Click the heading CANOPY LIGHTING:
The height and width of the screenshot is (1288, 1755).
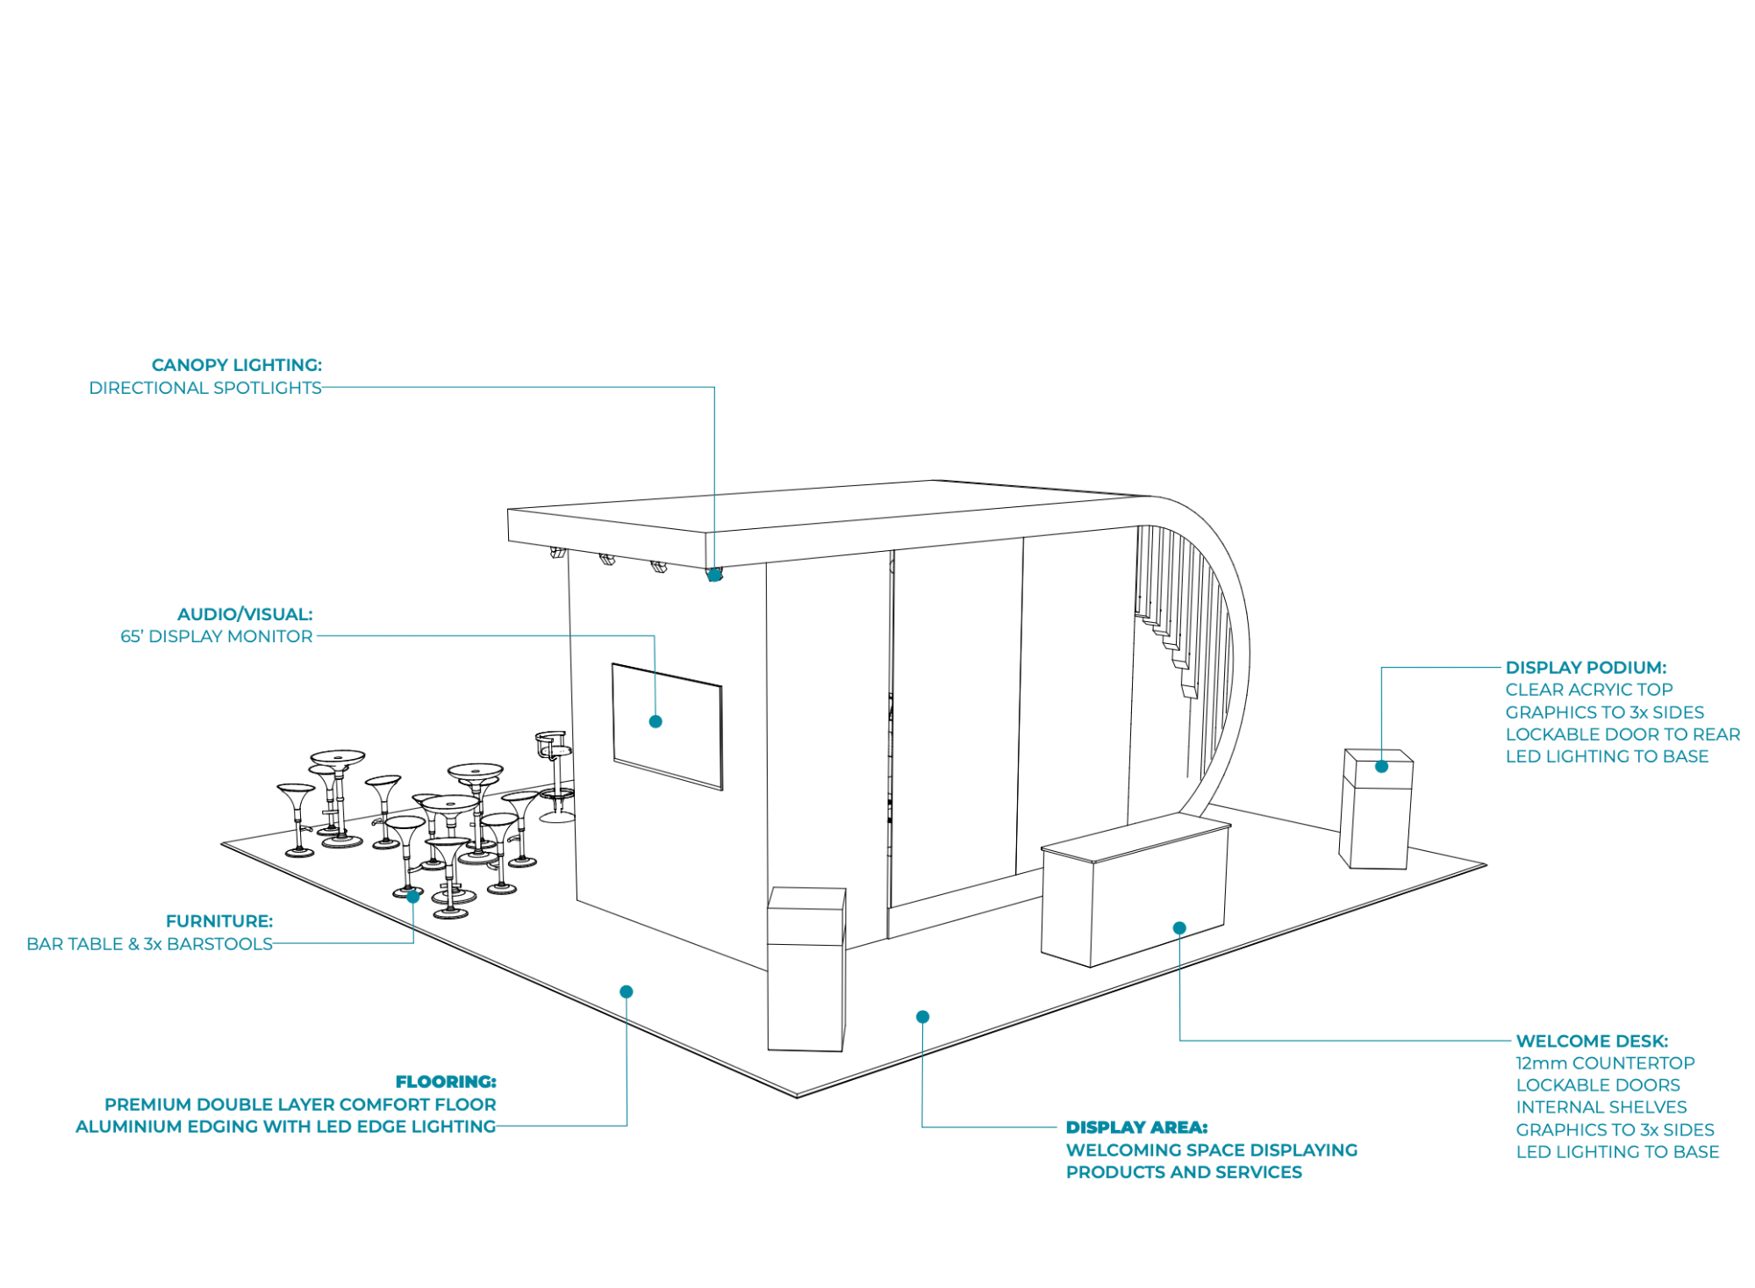point(236,365)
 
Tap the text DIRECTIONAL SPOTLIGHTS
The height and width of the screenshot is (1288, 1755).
point(205,388)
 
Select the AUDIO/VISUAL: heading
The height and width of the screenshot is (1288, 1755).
point(245,614)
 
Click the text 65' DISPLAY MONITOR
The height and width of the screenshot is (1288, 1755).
point(216,637)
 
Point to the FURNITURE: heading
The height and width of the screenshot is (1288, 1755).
point(219,921)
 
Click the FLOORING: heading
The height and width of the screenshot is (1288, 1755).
point(446,1082)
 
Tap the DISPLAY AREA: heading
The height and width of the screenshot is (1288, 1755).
point(1136,1127)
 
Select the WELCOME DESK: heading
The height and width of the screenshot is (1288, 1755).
point(1592,1041)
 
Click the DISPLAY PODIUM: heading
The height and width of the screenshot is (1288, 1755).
point(1586,668)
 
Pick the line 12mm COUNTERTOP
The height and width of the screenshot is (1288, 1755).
point(1605,1063)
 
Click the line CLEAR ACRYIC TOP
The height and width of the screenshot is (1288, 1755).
point(1589,690)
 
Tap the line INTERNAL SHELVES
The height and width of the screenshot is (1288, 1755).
point(1601,1107)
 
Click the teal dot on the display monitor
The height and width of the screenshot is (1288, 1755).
point(655,721)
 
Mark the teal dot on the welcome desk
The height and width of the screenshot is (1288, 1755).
point(1179,928)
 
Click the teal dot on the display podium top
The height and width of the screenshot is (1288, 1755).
point(1381,767)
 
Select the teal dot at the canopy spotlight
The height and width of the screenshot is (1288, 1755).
point(714,575)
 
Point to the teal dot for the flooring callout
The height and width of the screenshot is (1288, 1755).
point(627,991)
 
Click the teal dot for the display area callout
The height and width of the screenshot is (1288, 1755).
point(922,1017)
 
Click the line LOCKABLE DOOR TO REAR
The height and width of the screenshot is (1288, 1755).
point(1622,734)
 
